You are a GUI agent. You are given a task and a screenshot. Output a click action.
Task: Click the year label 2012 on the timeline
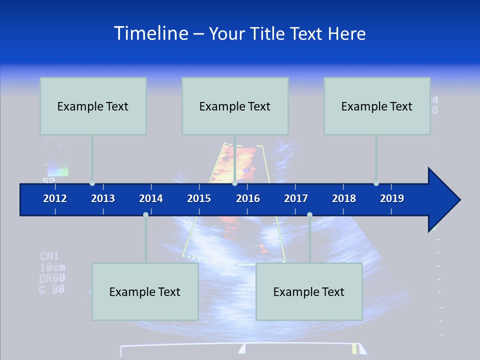click(55, 198)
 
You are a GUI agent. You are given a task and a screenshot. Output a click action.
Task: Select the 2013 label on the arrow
click(103, 198)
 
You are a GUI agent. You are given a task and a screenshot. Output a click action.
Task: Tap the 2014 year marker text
click(151, 198)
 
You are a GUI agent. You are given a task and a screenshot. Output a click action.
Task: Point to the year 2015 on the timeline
click(199, 198)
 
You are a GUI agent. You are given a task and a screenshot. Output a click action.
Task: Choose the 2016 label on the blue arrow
click(248, 198)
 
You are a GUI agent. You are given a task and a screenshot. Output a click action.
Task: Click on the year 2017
click(296, 198)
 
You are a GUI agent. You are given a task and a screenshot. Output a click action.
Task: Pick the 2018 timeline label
click(344, 198)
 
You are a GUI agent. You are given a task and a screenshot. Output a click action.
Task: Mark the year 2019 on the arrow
click(392, 198)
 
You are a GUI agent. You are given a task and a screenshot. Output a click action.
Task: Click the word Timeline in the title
click(151, 33)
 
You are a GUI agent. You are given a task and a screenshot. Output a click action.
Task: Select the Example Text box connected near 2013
click(93, 106)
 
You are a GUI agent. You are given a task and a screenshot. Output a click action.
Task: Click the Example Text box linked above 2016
click(235, 106)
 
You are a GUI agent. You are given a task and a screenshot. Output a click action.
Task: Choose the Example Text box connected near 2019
click(377, 106)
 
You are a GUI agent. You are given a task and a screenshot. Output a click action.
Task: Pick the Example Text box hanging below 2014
click(145, 291)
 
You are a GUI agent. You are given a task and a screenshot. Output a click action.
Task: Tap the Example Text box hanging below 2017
click(309, 291)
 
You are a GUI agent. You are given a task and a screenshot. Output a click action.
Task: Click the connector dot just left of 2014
click(145, 214)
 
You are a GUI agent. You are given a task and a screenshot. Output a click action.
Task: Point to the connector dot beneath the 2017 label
click(309, 214)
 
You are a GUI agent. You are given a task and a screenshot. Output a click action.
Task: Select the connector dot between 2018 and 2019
click(376, 183)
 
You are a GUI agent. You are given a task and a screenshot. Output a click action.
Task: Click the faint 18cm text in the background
click(52, 267)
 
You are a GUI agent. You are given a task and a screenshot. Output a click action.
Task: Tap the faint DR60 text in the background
click(52, 278)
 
